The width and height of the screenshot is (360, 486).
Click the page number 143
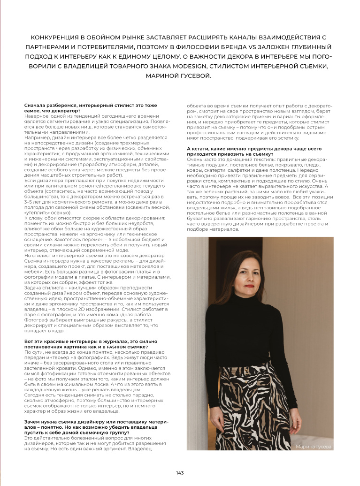coord(180,472)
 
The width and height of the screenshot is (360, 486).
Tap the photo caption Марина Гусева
coord(313,447)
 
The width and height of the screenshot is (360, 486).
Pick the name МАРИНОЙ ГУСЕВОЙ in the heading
coord(180,76)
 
